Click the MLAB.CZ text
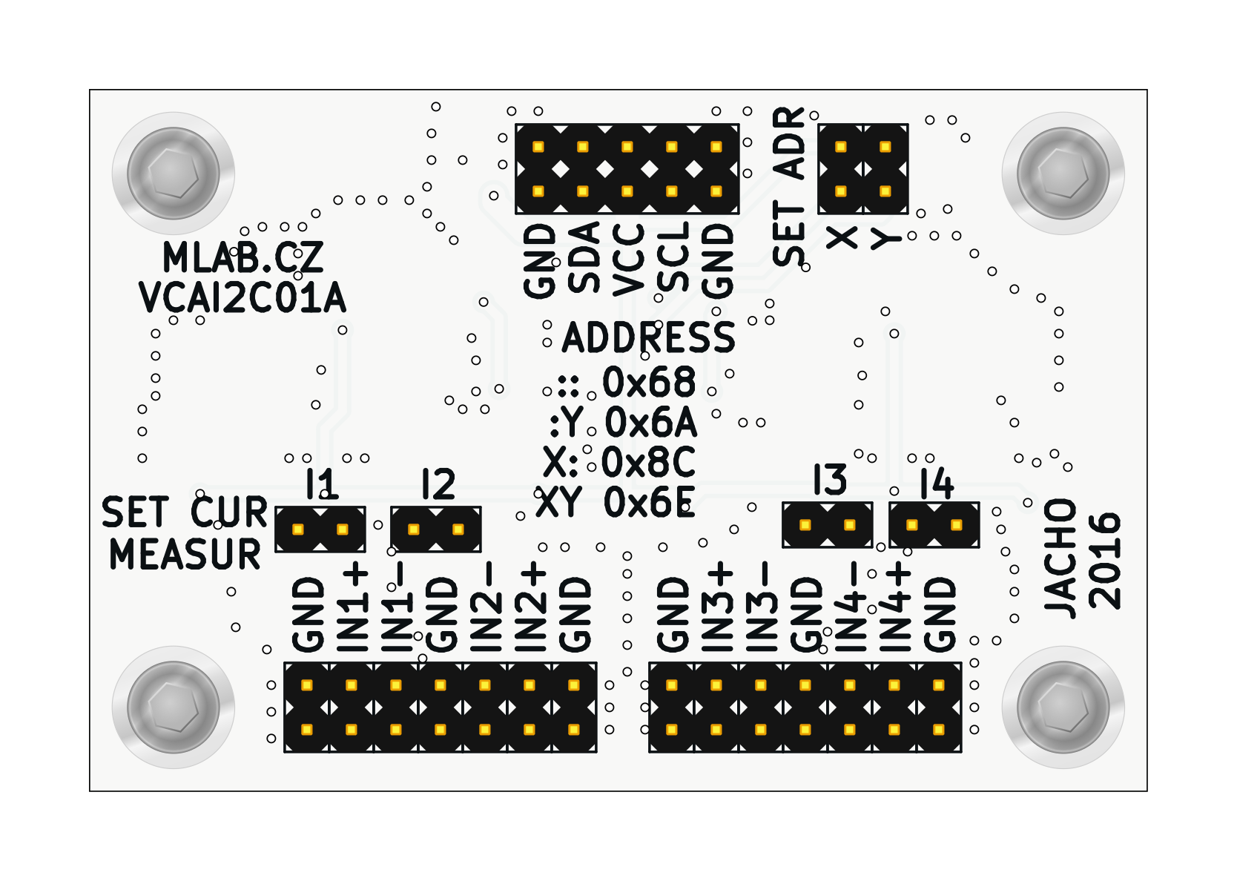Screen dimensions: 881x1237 click(x=243, y=258)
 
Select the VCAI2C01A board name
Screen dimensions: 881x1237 click(x=243, y=298)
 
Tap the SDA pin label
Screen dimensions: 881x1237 click(x=584, y=257)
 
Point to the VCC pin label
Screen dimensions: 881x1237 click(x=629, y=260)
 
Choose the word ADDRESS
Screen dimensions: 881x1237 click(x=648, y=338)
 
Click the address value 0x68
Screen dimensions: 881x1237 click(x=649, y=383)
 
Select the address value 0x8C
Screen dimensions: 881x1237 click(x=648, y=463)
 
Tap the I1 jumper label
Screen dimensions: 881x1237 click(x=322, y=485)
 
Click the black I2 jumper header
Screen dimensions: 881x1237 click(x=436, y=529)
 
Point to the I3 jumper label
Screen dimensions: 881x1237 click(x=829, y=481)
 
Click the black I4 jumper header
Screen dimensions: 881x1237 click(x=934, y=525)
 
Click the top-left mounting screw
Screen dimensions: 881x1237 click(x=174, y=173)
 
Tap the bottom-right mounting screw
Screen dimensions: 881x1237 click(x=1063, y=707)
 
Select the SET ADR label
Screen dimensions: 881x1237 click(x=789, y=187)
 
